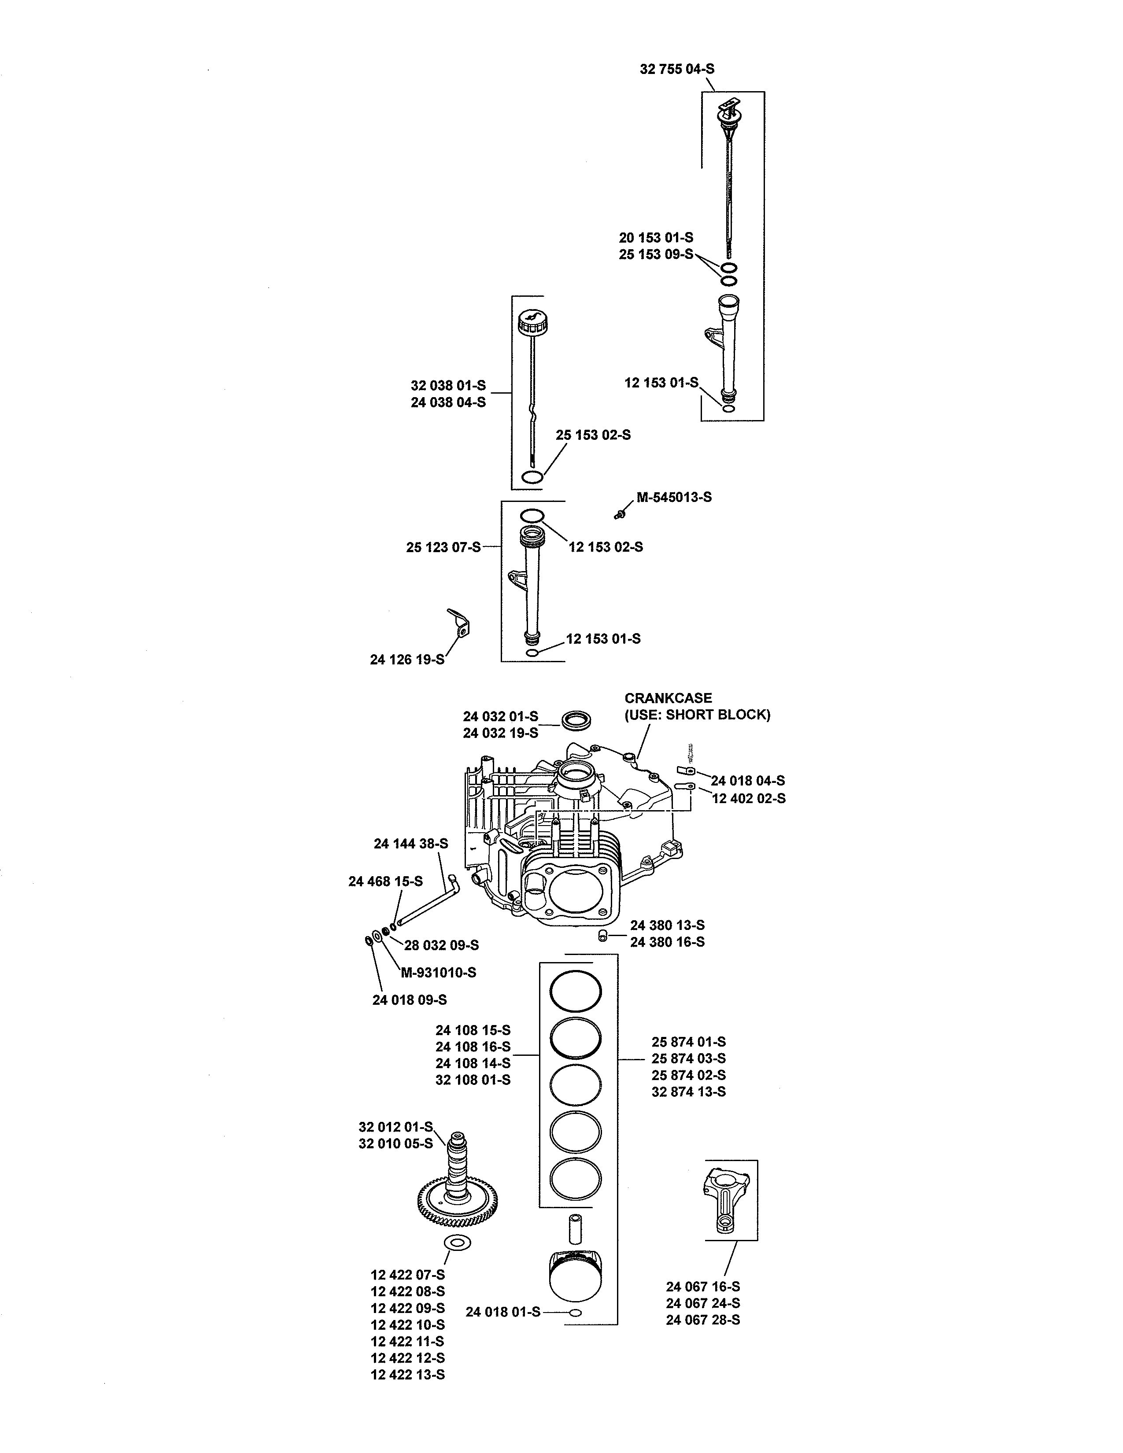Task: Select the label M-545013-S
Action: pos(674,497)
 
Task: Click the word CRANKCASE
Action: pos(667,698)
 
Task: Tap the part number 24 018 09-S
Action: pos(409,1000)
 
